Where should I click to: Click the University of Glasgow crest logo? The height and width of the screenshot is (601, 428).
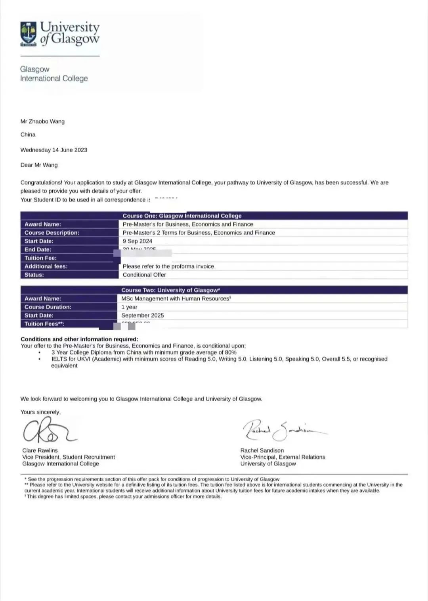(x=29, y=34)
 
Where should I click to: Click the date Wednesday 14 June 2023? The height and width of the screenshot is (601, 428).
(x=54, y=150)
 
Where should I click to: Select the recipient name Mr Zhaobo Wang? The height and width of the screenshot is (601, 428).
(x=42, y=121)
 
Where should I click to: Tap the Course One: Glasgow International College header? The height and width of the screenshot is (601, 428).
(x=182, y=216)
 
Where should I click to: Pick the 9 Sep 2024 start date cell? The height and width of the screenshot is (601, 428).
(x=138, y=241)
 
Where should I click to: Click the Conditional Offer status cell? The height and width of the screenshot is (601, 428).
(x=144, y=275)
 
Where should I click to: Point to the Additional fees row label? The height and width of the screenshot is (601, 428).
(x=46, y=266)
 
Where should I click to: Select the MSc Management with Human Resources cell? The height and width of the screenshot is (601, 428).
(x=176, y=299)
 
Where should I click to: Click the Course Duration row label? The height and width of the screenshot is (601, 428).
(x=48, y=307)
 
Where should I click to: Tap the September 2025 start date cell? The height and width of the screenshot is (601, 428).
(x=143, y=315)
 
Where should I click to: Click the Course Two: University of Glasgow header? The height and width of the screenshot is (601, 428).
(x=171, y=290)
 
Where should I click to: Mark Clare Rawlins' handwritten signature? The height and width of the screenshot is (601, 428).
(x=48, y=431)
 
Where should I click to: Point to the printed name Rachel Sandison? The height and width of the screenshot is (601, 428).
(x=262, y=450)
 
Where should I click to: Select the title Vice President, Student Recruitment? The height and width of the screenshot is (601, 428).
(x=69, y=457)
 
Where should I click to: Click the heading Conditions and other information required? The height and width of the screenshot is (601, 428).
(x=79, y=339)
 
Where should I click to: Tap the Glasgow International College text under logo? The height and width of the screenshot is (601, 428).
(x=54, y=74)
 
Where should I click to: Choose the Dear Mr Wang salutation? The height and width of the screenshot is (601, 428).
(x=39, y=165)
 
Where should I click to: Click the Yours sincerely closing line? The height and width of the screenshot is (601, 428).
(x=40, y=412)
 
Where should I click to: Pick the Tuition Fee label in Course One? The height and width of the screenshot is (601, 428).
(x=40, y=258)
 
